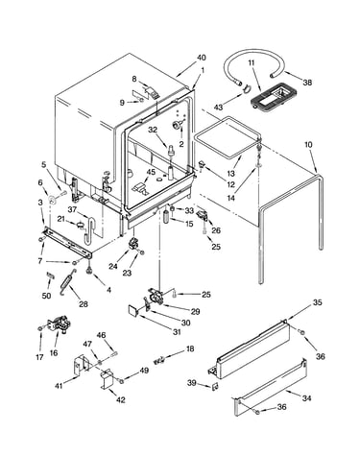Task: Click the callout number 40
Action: (x=201, y=58)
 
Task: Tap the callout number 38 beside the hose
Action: (x=307, y=83)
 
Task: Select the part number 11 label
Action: (x=252, y=62)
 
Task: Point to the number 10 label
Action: (x=308, y=144)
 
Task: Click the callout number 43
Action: (x=218, y=108)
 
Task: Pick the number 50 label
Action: (x=46, y=296)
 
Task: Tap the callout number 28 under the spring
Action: (x=84, y=304)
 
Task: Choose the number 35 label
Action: (x=317, y=302)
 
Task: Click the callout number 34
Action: (x=306, y=398)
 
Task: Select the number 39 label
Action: (x=192, y=382)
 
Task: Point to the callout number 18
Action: (x=190, y=348)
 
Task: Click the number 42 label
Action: (x=121, y=399)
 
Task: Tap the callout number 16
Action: (x=54, y=352)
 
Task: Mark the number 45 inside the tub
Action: (x=151, y=172)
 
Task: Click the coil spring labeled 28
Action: (x=68, y=281)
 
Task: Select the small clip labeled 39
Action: (x=215, y=387)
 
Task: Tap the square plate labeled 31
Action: (x=132, y=310)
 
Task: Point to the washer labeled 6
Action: (x=51, y=201)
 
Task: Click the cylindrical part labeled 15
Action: (x=167, y=217)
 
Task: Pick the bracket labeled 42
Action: (x=108, y=378)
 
